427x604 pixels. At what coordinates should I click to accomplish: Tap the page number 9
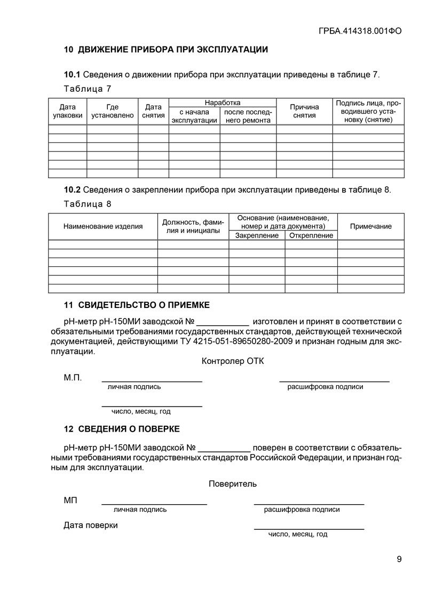point(399,559)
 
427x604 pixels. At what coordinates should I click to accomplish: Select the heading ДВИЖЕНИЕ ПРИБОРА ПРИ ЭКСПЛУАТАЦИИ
point(172,50)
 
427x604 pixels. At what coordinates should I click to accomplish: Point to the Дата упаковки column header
point(67,111)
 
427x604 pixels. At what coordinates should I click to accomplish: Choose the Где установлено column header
point(112,111)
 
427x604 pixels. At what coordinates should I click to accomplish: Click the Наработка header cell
point(222,102)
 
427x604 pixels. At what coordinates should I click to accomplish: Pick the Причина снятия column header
point(304,111)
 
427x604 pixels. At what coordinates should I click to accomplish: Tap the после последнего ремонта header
point(248,116)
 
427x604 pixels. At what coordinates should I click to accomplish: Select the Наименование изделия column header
point(103,226)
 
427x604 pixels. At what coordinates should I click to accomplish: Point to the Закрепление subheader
point(257,235)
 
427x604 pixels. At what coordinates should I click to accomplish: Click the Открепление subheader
point(311,235)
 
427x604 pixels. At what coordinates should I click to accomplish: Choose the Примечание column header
point(370,226)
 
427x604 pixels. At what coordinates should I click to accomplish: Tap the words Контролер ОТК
point(233,361)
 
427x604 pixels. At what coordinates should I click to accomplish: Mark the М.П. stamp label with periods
point(73,378)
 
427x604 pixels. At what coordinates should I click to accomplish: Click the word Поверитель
point(233,484)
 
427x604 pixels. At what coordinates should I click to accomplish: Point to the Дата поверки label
point(91,525)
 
